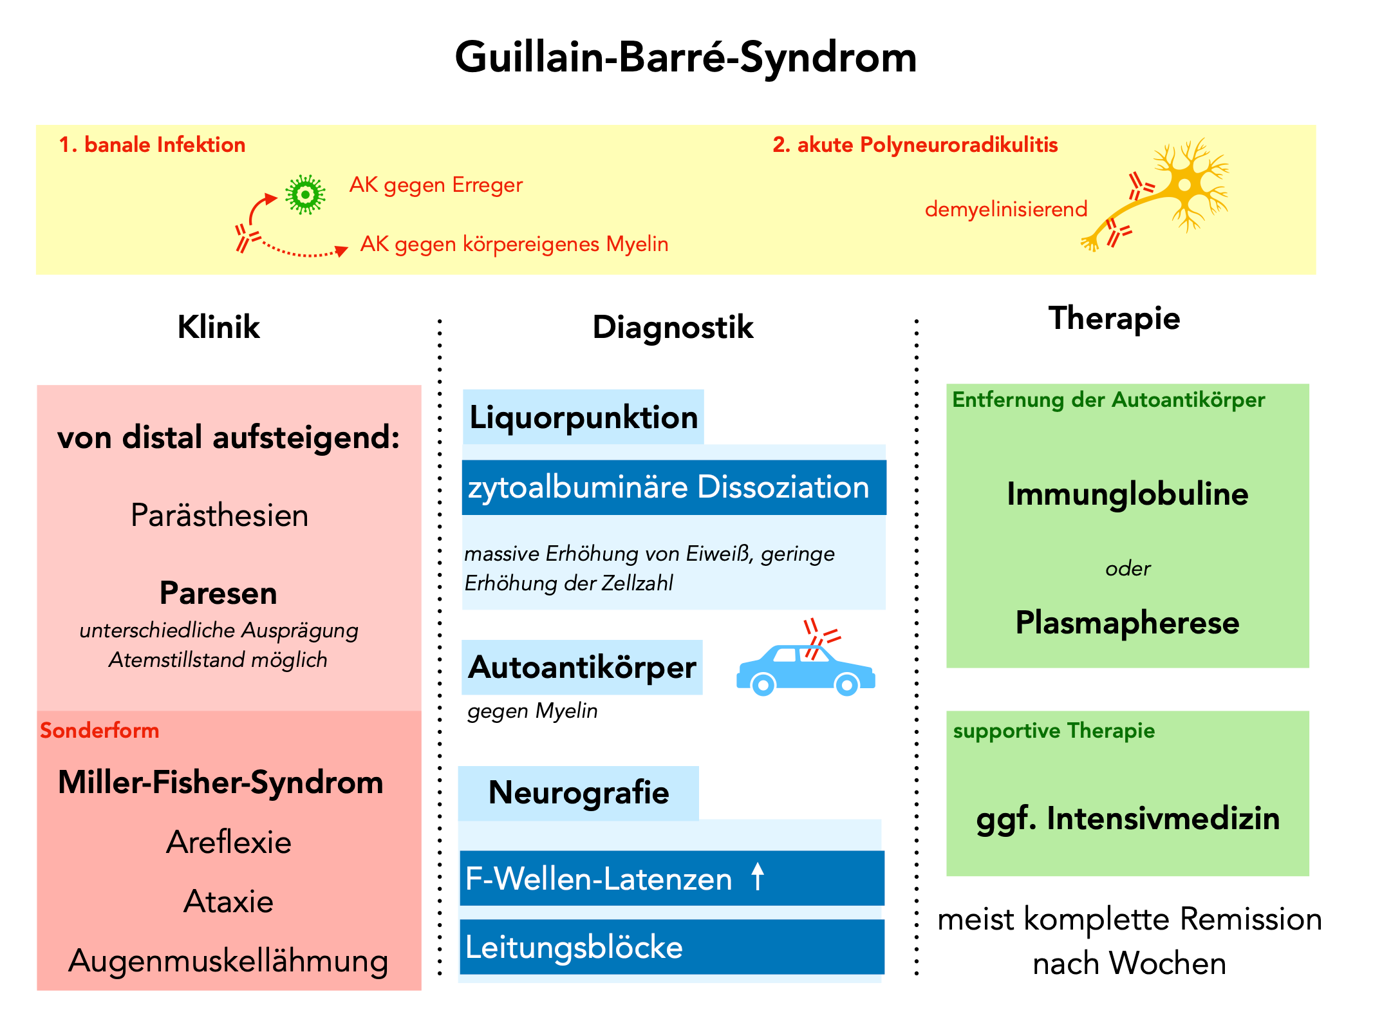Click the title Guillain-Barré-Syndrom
tap(686, 58)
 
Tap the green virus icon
tap(305, 194)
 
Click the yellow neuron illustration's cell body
tap(1185, 185)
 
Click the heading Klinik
tap(219, 327)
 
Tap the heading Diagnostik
tap(673, 327)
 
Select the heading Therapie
tap(1114, 318)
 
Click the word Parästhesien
tap(219, 516)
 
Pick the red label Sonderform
tap(100, 731)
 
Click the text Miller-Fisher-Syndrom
tap(221, 782)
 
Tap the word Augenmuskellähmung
tap(229, 960)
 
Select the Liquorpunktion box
tap(583, 417)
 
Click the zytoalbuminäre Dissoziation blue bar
tap(673, 487)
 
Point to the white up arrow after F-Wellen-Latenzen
tap(758, 877)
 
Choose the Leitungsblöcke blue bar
tap(672, 947)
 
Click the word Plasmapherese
tap(1127, 623)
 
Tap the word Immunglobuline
tap(1127, 494)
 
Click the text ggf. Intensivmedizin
tap(1128, 819)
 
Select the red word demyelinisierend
tap(1005, 209)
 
